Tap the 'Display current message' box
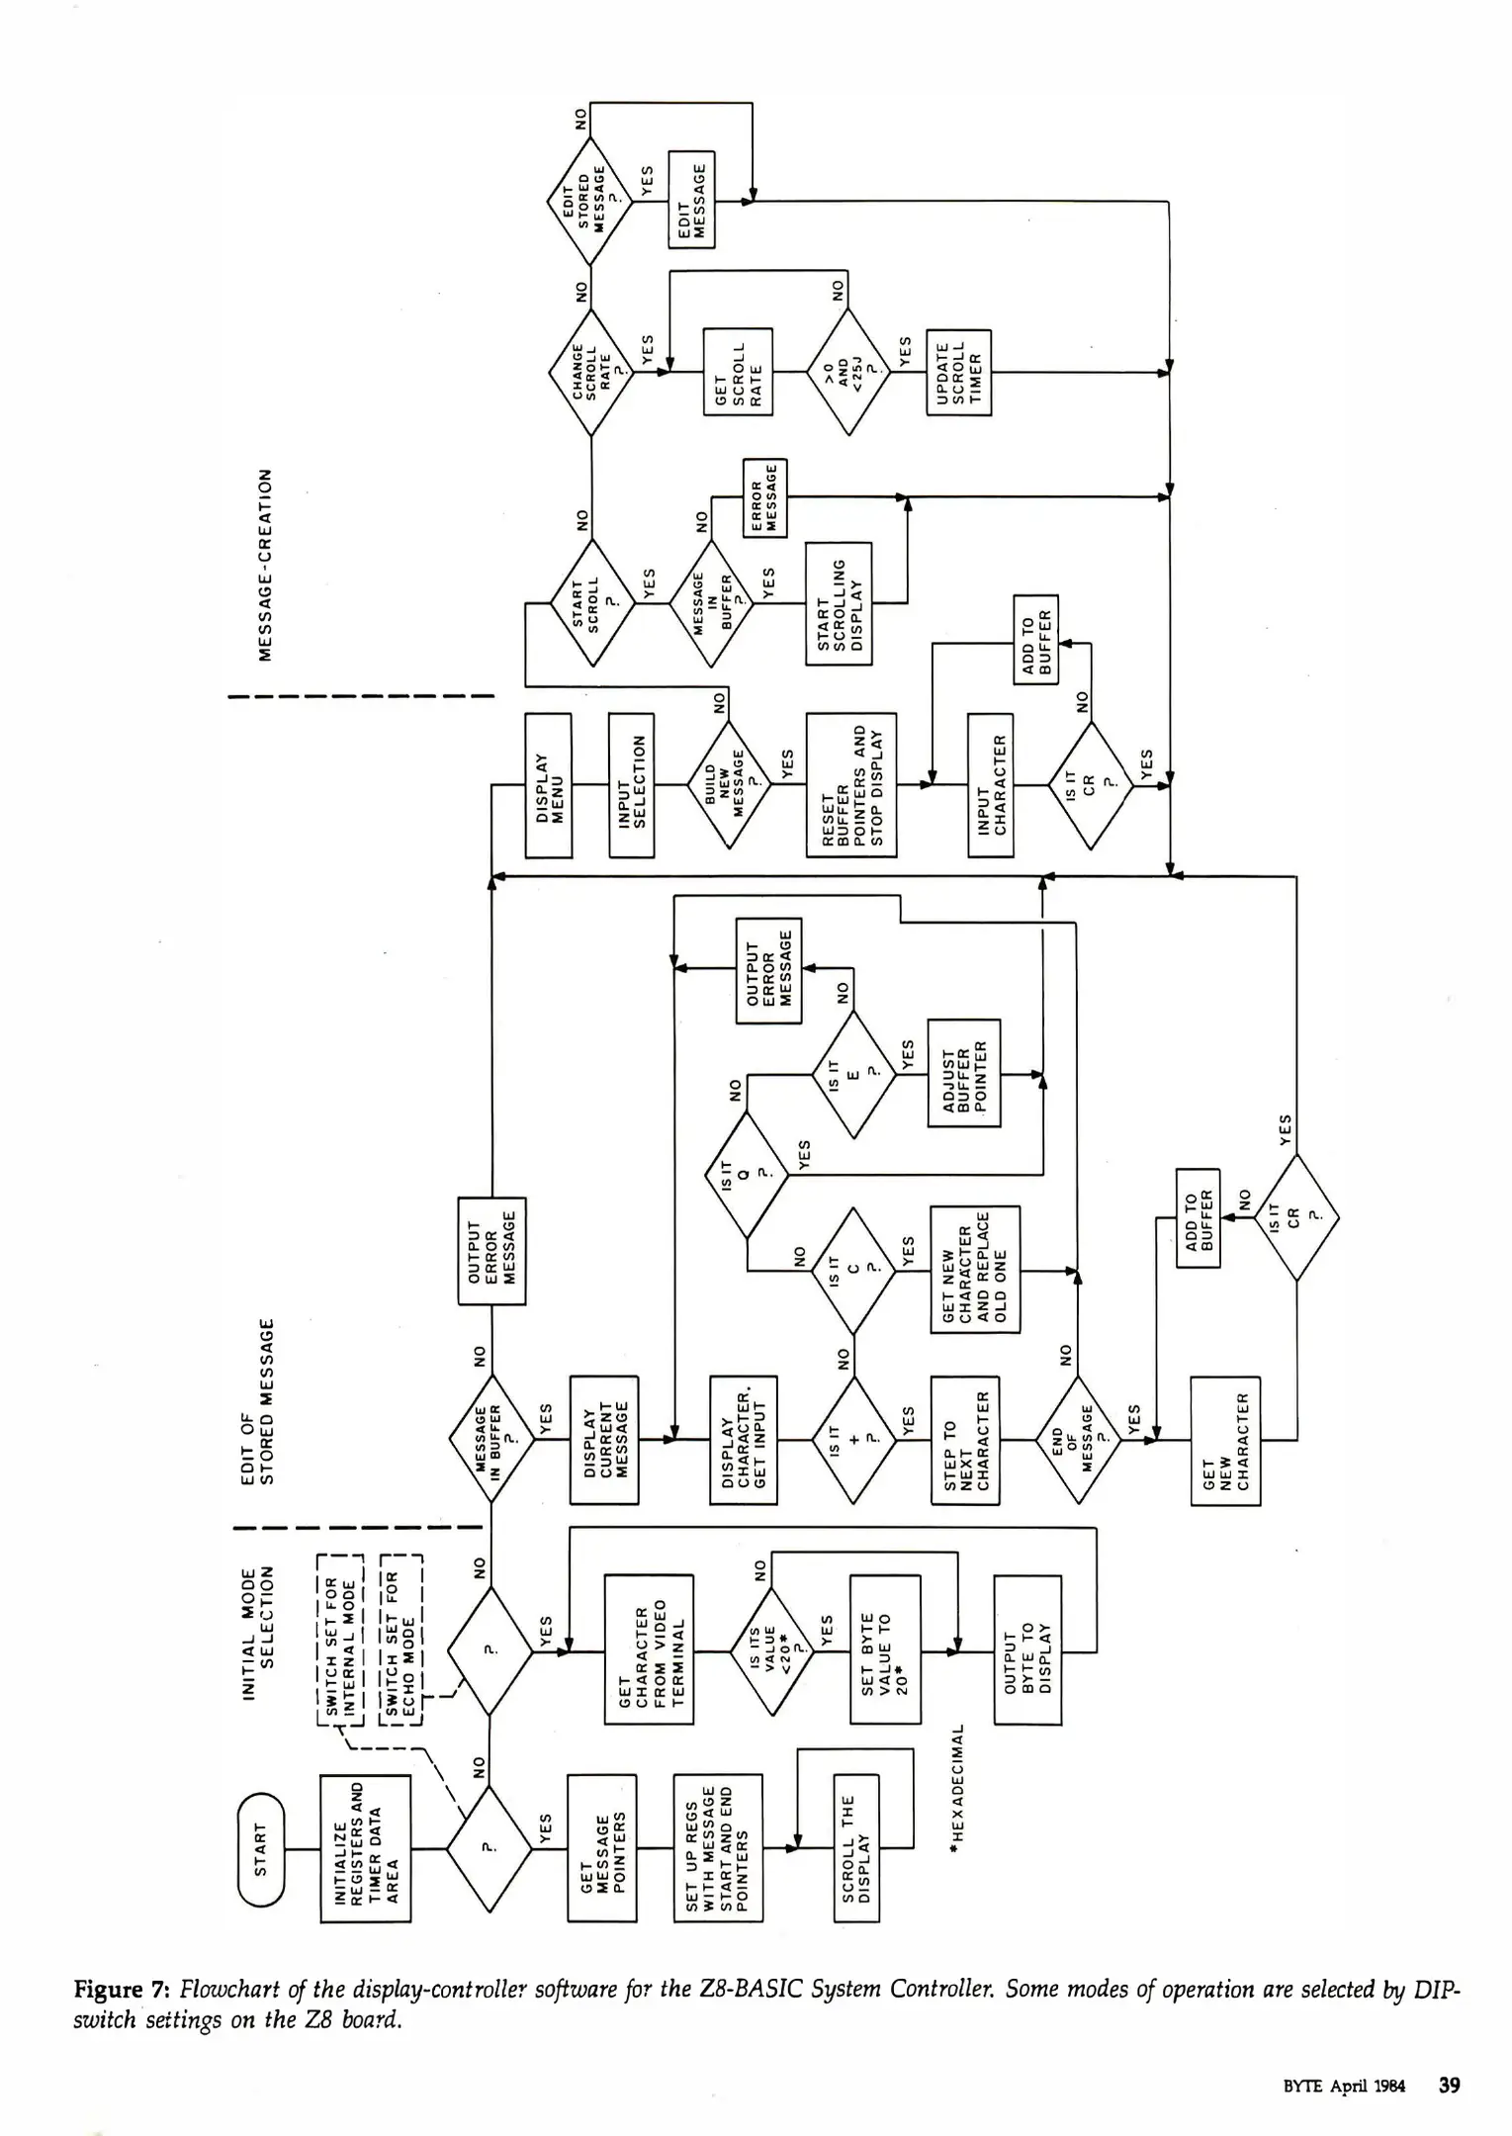click(604, 1440)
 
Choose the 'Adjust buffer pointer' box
click(963, 1073)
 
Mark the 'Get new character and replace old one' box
click(974, 1269)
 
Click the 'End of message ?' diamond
click(1078, 1440)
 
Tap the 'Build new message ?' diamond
click(729, 784)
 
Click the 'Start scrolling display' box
click(839, 603)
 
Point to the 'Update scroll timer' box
click(957, 373)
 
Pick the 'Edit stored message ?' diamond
click(589, 203)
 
